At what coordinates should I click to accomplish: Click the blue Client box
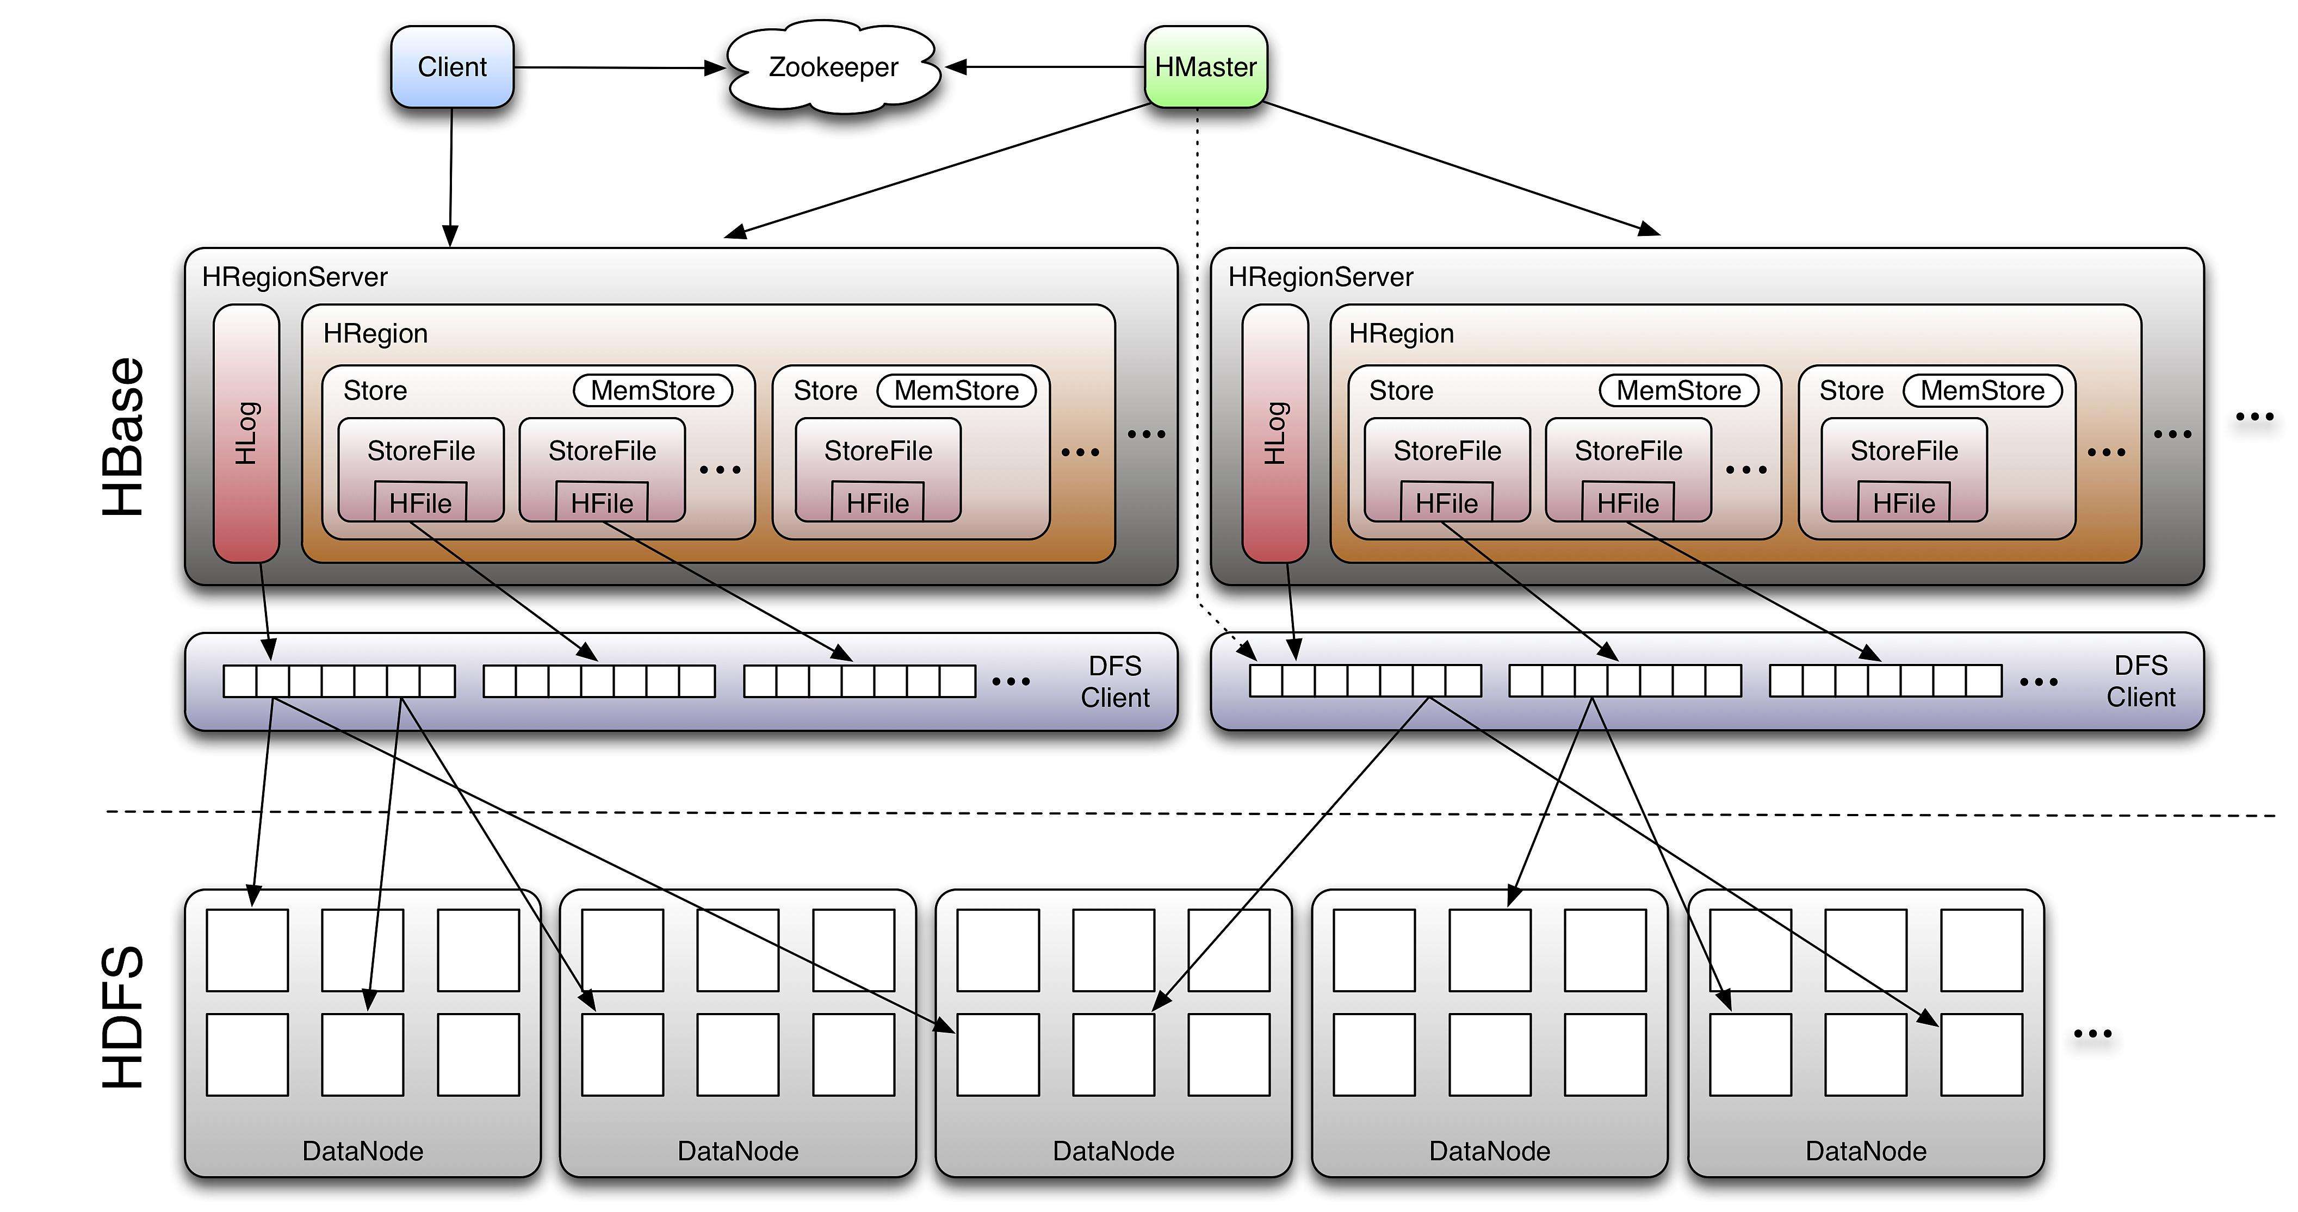coord(453,67)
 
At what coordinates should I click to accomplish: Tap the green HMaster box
coord(1205,67)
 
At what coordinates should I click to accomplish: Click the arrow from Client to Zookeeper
coord(620,67)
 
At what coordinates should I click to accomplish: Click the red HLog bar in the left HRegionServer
coord(246,433)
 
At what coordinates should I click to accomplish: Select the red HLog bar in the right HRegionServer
coord(1275,433)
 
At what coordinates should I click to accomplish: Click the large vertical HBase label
coord(123,437)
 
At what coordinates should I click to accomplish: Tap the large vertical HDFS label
coord(123,1017)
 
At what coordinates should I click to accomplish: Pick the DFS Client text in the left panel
coord(1115,681)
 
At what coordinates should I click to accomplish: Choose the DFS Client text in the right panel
coord(2141,681)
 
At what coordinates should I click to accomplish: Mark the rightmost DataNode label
coord(1866,1151)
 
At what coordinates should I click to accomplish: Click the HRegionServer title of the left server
coord(295,277)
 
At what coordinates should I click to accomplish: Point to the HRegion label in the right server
coord(1402,333)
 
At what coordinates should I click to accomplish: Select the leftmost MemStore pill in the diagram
coord(653,390)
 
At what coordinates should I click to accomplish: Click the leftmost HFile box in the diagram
coord(420,502)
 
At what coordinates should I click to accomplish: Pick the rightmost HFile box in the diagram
coord(1904,502)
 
